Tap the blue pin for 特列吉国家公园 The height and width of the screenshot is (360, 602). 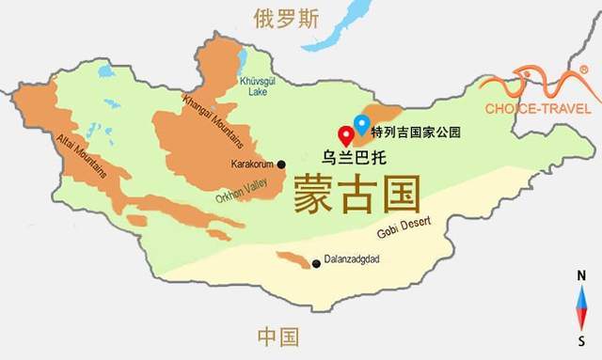(361, 123)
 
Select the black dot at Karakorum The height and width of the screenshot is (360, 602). (281, 164)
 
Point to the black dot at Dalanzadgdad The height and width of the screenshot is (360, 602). (316, 263)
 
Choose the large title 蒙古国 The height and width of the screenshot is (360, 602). (356, 194)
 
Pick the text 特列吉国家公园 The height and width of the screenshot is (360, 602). (415, 132)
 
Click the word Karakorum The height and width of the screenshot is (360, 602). (251, 164)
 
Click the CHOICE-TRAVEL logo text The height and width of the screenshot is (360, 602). (537, 108)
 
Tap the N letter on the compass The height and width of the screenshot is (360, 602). (583, 275)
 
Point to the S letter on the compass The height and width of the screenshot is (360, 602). (583, 339)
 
